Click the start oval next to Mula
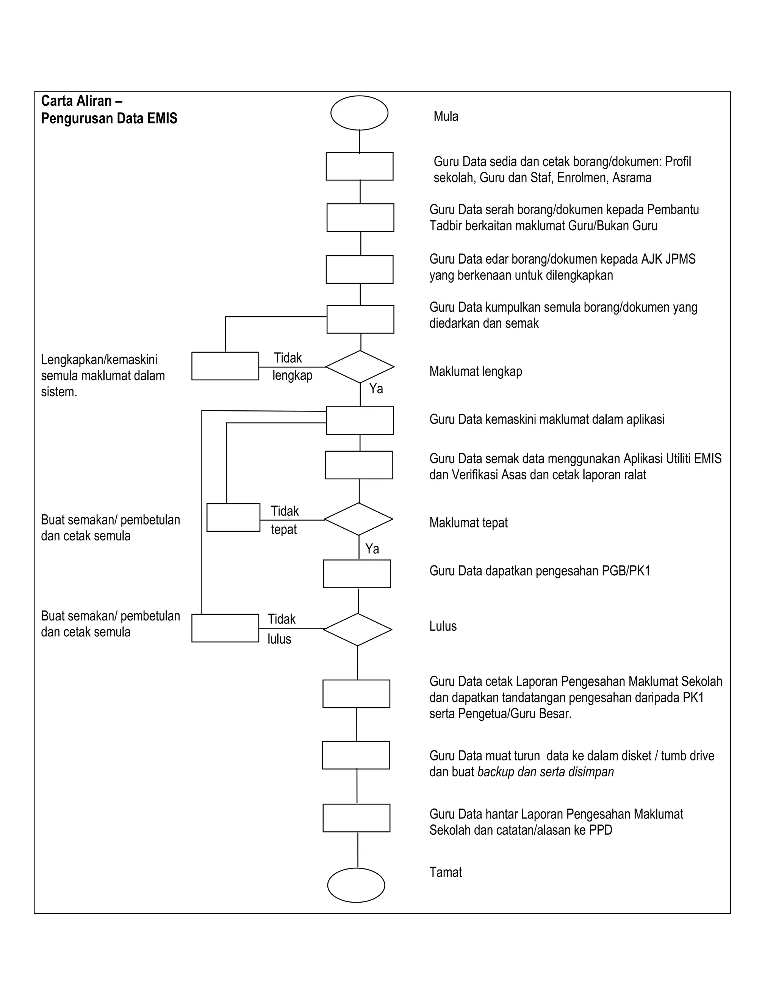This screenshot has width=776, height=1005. coord(359,113)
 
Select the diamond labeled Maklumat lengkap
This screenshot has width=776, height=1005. coord(360,367)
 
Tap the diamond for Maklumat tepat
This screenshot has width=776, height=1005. coord(358,519)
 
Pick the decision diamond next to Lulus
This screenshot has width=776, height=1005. coord(357,629)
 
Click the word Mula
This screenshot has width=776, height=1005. coord(446,116)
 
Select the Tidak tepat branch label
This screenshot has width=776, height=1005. coord(285,520)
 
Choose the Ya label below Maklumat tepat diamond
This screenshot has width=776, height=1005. coord(372,549)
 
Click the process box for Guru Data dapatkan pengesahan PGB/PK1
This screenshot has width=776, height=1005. coord(357,573)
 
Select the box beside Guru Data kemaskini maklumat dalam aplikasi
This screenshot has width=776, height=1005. coord(360,420)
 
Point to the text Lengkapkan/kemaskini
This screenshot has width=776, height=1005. coord(99,360)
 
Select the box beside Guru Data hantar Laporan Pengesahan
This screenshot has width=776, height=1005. coord(356,818)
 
